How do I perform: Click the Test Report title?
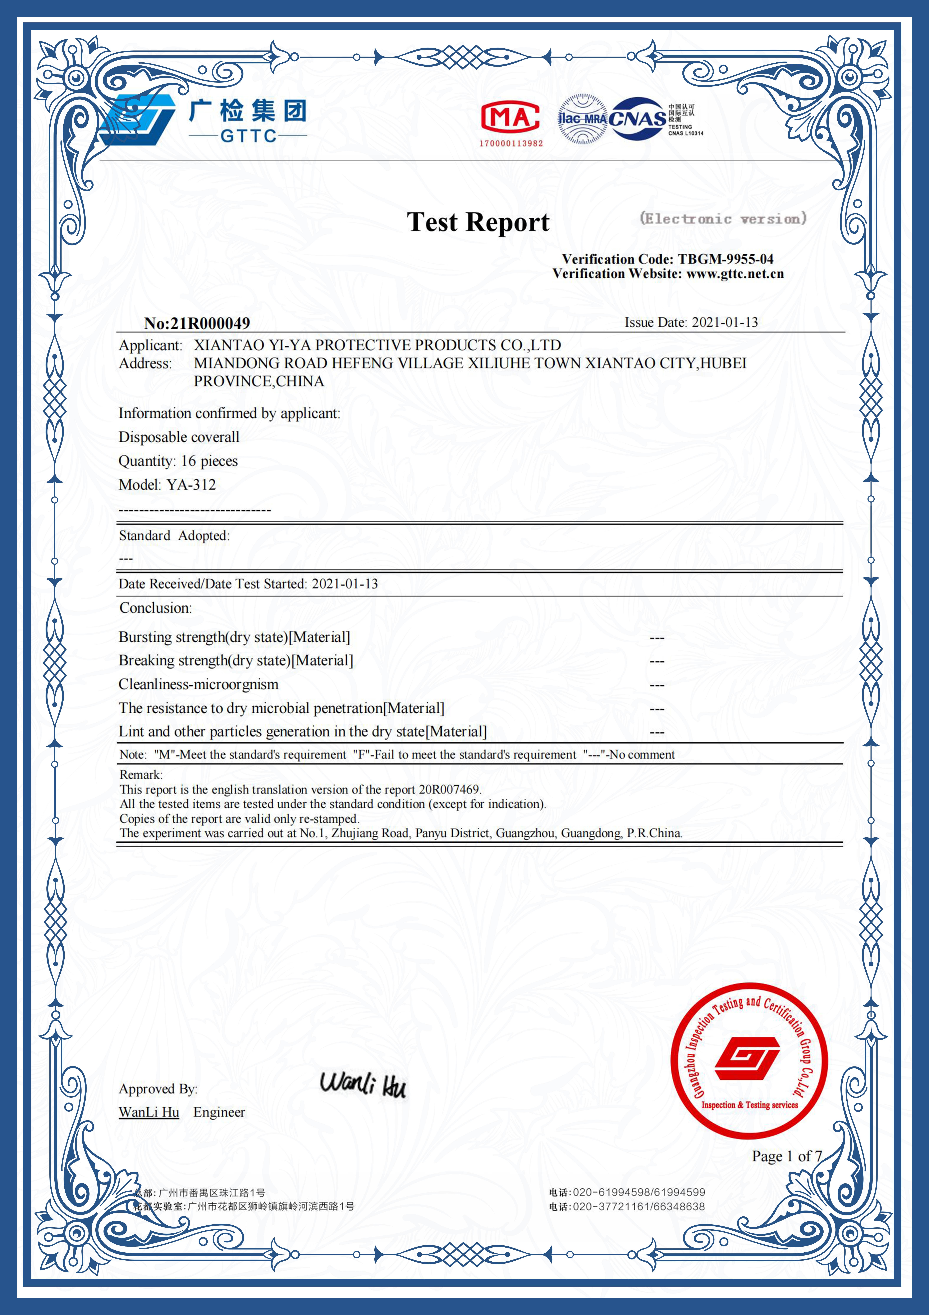click(x=478, y=222)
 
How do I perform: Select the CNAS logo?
click(x=638, y=119)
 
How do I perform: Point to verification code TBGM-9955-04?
click(x=725, y=259)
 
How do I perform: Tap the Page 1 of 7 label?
click(x=786, y=1156)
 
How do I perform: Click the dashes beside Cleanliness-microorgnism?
click(x=656, y=685)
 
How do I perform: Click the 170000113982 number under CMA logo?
click(x=511, y=143)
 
